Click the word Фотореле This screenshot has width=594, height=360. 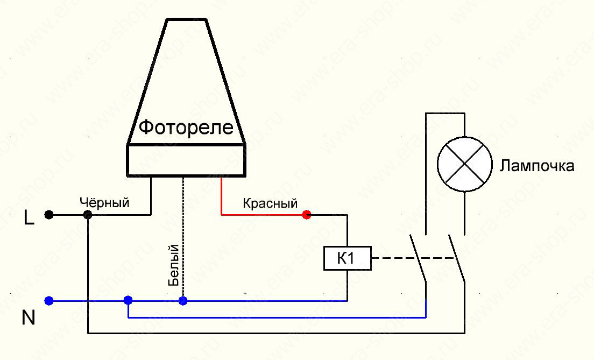click(186, 128)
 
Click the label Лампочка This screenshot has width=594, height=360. click(537, 165)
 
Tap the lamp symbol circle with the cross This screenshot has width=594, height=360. click(464, 165)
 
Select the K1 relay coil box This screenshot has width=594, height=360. click(347, 259)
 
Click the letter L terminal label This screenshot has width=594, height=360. click(30, 218)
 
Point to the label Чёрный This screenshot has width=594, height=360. click(104, 203)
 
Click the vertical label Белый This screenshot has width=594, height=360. click(173, 265)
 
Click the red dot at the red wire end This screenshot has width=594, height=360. click(307, 215)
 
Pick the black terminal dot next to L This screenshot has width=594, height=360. click(49, 215)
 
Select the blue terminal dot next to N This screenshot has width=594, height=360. click(49, 301)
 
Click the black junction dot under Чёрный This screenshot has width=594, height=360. click(88, 215)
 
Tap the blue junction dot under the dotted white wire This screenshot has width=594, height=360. click(183, 301)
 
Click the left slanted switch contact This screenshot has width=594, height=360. click(418, 259)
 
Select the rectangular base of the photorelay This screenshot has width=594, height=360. click(186, 160)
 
